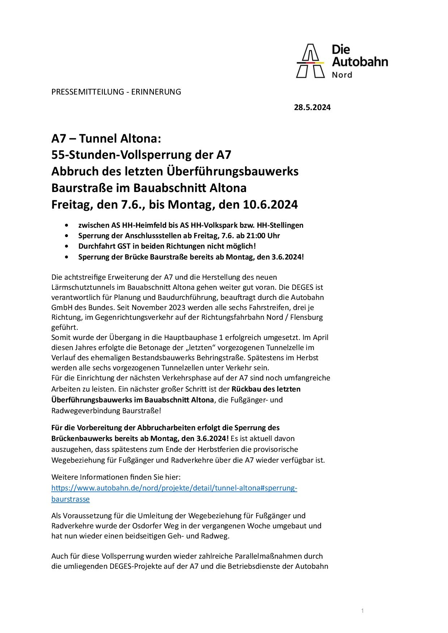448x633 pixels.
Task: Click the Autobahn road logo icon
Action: tap(310, 61)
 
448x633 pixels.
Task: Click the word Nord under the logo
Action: tap(342, 75)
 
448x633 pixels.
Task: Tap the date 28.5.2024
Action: tap(312, 107)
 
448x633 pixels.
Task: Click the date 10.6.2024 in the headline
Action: tap(270, 205)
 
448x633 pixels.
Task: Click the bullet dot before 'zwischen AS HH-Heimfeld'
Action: tap(66, 225)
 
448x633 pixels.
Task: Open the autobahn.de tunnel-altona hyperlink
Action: tap(174, 488)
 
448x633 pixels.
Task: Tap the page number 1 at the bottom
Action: tap(362, 611)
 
